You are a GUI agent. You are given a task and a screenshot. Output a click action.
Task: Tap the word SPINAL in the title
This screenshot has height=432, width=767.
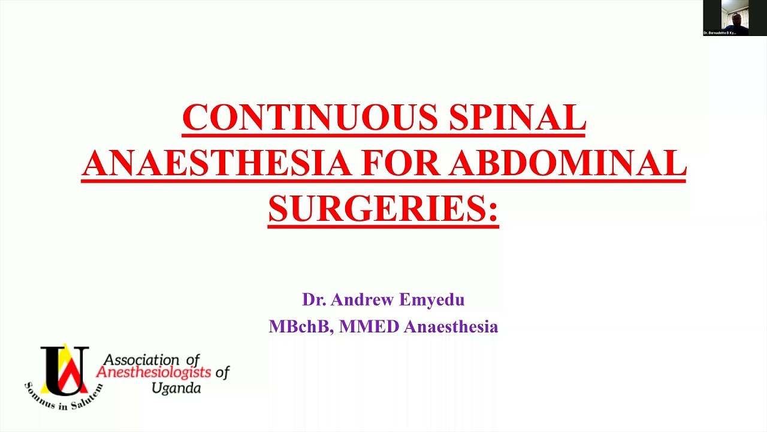(x=517, y=117)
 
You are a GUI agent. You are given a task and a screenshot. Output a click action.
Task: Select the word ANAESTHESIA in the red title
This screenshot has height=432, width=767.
(x=216, y=163)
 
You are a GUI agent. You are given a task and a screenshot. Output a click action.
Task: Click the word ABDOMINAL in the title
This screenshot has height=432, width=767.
(x=568, y=163)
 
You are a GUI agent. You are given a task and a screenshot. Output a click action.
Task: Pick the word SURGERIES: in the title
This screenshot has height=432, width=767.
(x=383, y=208)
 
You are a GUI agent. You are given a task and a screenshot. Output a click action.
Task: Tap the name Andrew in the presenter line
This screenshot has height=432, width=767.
(x=360, y=299)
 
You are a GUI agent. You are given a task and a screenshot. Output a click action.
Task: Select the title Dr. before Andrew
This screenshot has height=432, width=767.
(x=314, y=299)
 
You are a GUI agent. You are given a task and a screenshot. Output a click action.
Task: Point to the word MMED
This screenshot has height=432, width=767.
(x=369, y=327)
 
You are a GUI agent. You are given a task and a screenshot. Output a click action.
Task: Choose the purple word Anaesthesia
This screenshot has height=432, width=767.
(x=451, y=327)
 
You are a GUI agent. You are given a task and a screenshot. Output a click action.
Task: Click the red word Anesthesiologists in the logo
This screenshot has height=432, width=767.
(x=154, y=373)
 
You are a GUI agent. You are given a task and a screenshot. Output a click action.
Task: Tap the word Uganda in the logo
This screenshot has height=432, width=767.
(x=176, y=388)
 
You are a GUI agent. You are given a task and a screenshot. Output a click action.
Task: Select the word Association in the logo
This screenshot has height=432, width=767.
(x=142, y=359)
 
